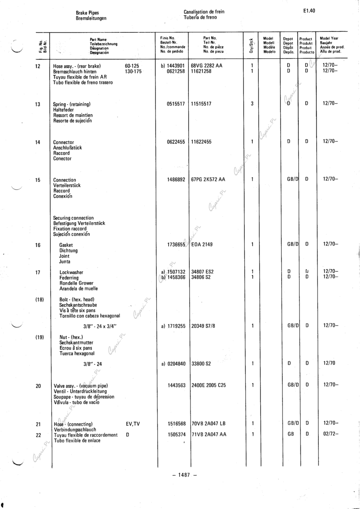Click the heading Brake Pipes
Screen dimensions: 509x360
(87, 13)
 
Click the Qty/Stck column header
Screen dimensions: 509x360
(251, 45)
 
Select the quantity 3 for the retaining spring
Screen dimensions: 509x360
(252, 104)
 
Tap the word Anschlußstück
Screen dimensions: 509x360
(67, 148)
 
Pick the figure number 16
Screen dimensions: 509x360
(38, 245)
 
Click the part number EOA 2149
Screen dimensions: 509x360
(202, 245)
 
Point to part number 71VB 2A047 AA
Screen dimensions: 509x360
(209, 435)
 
